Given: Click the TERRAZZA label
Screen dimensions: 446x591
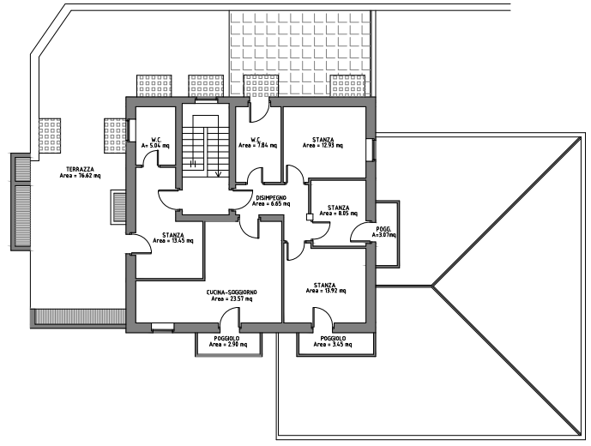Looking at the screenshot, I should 79,170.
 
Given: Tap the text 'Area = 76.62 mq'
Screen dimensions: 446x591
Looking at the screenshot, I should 80,177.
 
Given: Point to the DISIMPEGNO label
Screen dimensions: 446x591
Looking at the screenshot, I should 273,199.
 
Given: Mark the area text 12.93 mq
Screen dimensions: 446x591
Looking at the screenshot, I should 323,146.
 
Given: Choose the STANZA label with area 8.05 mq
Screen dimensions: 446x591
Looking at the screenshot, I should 338,208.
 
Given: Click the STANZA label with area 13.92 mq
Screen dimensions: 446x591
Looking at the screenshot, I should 324,285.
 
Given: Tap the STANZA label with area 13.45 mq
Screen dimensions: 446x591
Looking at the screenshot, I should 172,234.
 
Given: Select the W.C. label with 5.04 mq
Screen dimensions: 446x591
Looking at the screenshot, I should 157,139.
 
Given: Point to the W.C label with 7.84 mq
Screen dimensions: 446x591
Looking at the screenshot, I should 256,139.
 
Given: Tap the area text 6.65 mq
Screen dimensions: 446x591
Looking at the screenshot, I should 273,206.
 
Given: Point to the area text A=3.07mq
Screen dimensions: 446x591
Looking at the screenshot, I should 383,235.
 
